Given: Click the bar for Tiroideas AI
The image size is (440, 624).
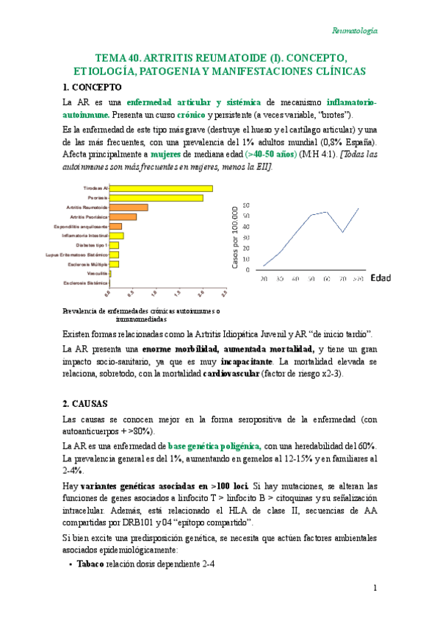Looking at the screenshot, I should pyautogui.click(x=161, y=188).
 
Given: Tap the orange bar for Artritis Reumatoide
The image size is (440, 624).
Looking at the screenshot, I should pyautogui.click(x=129, y=208).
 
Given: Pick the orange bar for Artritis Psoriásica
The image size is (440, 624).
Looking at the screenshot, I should pyautogui.click(x=123, y=217).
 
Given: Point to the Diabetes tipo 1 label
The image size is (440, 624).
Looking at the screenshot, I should pyautogui.click(x=92, y=245).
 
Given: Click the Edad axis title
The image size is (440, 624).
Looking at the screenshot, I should pyautogui.click(x=380, y=278).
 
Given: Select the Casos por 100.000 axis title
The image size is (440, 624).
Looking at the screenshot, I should pyautogui.click(x=236, y=238).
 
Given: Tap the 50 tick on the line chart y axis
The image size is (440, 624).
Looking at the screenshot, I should pyautogui.click(x=246, y=216).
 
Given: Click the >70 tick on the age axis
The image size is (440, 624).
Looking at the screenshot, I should pyautogui.click(x=358, y=280).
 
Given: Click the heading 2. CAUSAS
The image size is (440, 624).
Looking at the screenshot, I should pyautogui.click(x=86, y=403).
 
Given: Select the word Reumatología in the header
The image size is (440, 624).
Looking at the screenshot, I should pyautogui.click(x=355, y=30).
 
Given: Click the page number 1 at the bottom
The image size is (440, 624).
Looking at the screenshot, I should pyautogui.click(x=375, y=588).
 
